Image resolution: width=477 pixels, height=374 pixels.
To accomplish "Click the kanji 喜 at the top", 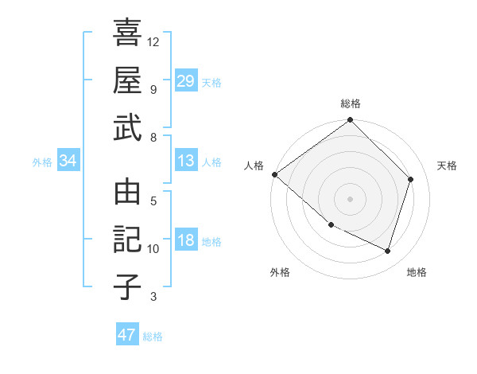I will [x=127, y=33].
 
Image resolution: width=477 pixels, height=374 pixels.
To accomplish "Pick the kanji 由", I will [x=127, y=193].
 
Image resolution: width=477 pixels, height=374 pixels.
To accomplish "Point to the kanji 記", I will [x=127, y=239].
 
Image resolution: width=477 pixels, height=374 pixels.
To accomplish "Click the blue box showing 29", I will [x=186, y=81].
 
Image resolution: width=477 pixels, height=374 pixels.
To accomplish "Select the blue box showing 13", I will [x=186, y=162].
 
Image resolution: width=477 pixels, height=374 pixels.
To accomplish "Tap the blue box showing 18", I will [x=186, y=241].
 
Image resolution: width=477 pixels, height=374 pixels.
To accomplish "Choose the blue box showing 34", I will [x=68, y=162].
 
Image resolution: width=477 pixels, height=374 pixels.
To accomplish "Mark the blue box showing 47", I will [x=127, y=335].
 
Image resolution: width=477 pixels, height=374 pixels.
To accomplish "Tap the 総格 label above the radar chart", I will [x=350, y=103].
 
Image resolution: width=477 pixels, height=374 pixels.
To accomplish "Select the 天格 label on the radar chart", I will [x=448, y=166].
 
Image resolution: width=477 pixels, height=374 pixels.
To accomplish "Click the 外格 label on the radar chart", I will [x=280, y=272].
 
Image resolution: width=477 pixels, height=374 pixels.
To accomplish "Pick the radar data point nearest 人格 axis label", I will [x=274, y=174].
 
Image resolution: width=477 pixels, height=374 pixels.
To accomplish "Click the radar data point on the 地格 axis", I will [x=388, y=251].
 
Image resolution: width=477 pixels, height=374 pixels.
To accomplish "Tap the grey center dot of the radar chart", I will [x=350, y=198].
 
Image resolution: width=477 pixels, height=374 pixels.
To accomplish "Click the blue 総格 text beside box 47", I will [x=153, y=337].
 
